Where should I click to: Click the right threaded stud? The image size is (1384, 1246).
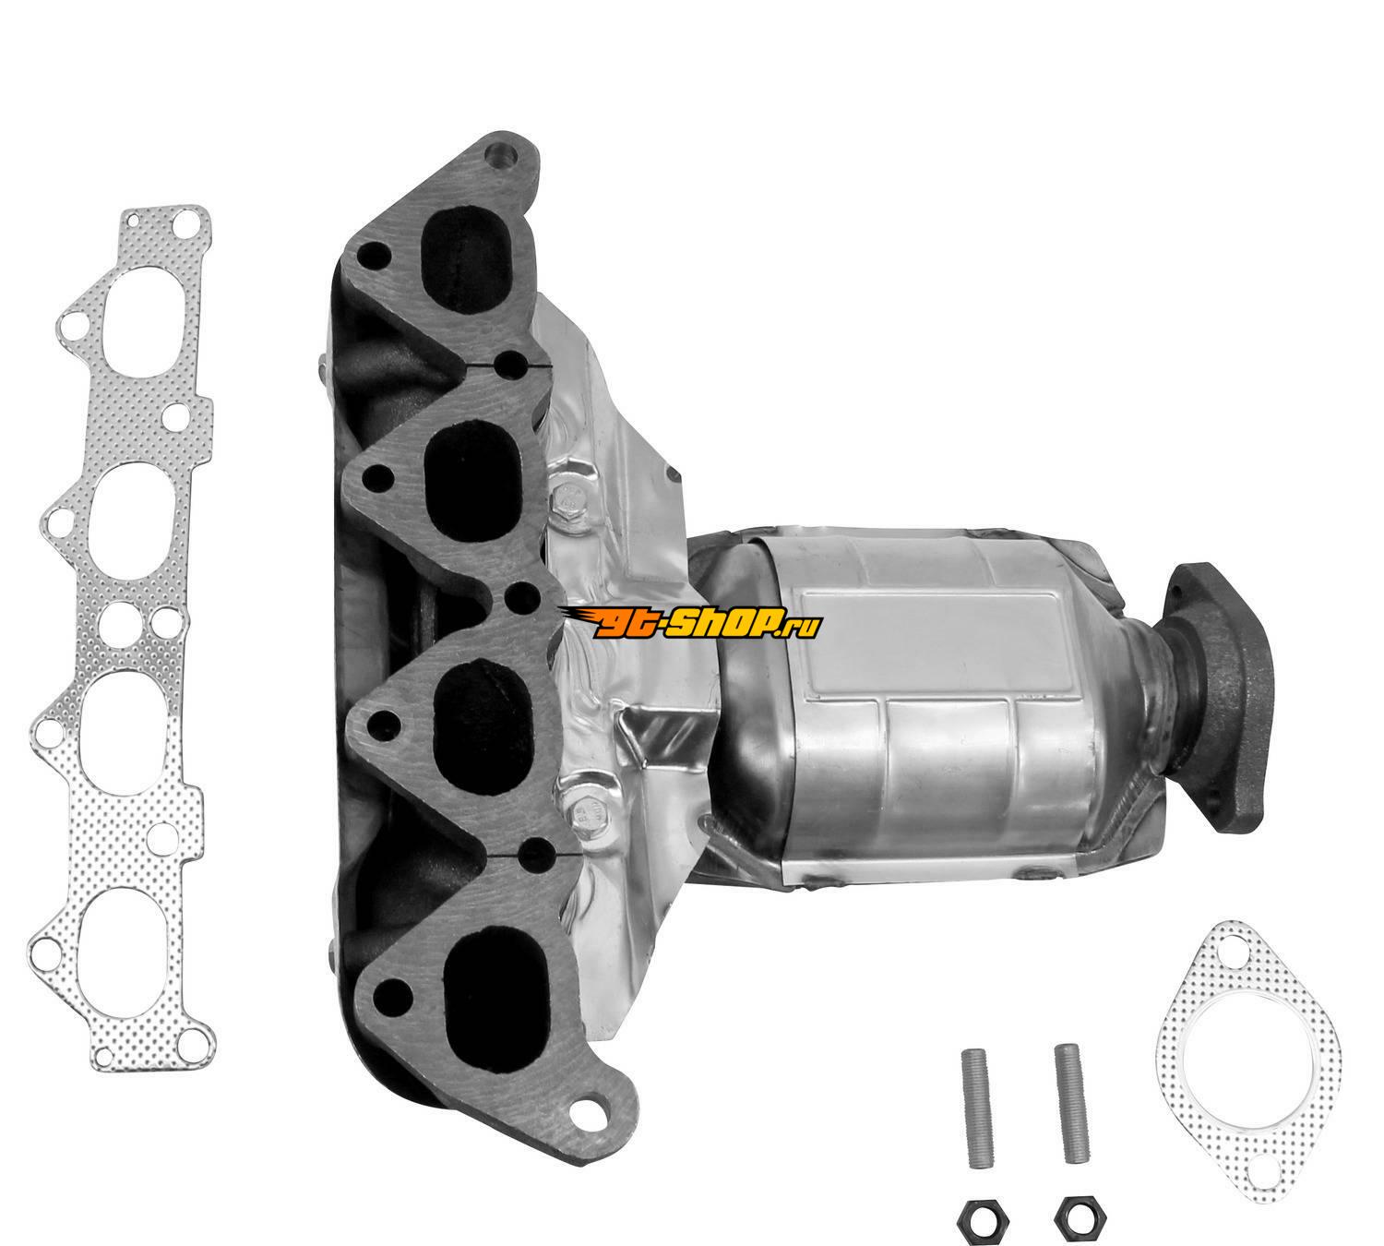click(x=1071, y=1082)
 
